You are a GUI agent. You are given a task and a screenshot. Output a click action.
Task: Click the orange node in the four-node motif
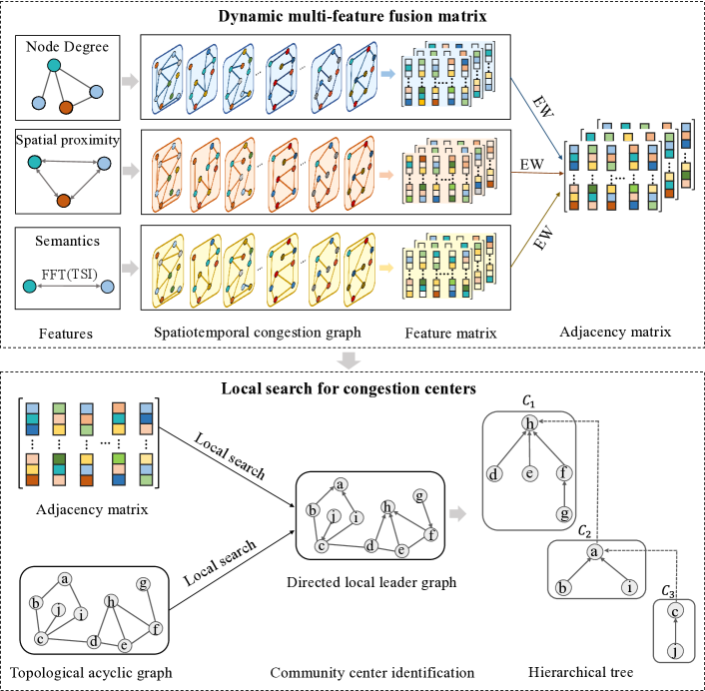tap(65, 107)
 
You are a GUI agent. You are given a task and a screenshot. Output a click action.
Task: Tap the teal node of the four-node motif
tap(54, 66)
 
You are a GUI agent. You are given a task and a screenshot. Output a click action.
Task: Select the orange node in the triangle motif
tap(63, 201)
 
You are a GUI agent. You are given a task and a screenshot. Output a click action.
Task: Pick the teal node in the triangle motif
tap(35, 162)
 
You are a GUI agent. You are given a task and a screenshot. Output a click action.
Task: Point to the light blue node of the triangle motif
tap(105, 162)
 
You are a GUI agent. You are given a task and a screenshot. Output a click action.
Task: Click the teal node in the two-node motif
tap(30, 287)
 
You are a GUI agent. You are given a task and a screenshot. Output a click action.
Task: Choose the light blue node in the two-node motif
tap(107, 287)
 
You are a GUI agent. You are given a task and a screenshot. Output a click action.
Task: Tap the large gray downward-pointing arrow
tap(349, 360)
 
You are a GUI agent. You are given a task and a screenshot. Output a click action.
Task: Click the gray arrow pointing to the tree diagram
tap(457, 513)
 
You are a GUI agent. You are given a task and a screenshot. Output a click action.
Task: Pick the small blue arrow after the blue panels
tap(388, 73)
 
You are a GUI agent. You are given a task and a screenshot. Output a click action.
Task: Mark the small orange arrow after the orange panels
tap(386, 176)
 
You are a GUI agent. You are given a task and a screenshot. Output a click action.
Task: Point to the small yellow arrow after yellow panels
tap(386, 268)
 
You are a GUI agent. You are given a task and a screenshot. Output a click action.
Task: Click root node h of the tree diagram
tap(530, 424)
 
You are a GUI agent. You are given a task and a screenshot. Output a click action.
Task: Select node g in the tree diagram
tap(565, 513)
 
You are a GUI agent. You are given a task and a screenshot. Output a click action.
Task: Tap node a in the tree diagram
tap(593, 551)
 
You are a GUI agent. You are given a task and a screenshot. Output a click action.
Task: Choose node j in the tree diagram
tap(675, 651)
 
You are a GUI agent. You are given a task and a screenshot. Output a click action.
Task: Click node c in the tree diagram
tap(675, 611)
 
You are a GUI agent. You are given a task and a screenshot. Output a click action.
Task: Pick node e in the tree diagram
tap(530, 474)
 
